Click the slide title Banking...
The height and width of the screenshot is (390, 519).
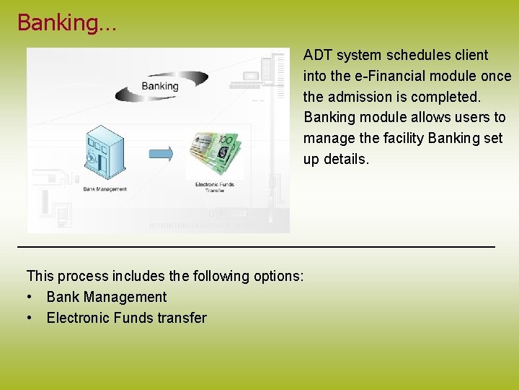click(x=66, y=22)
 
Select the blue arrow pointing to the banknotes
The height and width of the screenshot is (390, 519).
click(x=161, y=153)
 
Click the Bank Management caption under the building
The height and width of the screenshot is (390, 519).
click(x=105, y=189)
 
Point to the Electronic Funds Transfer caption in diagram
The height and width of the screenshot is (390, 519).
click(x=215, y=187)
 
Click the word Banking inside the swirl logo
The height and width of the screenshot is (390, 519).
click(x=159, y=86)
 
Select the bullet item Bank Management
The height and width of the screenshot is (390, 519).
click(x=106, y=297)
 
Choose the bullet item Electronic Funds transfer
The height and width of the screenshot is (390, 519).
click(x=126, y=318)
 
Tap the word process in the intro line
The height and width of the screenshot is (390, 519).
click(x=83, y=276)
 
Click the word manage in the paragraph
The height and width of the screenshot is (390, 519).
click(x=329, y=138)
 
